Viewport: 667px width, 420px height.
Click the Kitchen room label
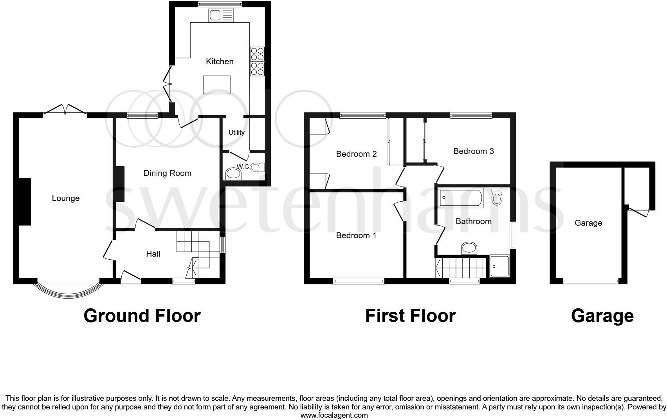click(220, 62)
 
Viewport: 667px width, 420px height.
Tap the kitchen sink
click(221, 16)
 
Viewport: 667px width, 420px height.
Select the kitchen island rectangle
click(216, 85)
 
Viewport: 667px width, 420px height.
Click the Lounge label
click(66, 198)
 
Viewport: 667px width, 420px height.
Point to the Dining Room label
click(167, 173)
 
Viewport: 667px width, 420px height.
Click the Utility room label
click(236, 132)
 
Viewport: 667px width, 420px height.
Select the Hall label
click(153, 254)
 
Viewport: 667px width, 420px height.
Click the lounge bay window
click(68, 294)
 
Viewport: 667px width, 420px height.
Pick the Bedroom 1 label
click(356, 235)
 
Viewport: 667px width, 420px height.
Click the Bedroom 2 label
click(356, 154)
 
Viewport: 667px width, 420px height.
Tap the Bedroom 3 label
click(473, 151)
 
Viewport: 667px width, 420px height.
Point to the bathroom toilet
click(497, 197)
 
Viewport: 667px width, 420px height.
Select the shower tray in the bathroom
click(500, 266)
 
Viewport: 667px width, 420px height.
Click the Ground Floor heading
click(142, 316)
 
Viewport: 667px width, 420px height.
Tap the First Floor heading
click(410, 316)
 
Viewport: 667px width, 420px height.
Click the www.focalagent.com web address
click(334, 415)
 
